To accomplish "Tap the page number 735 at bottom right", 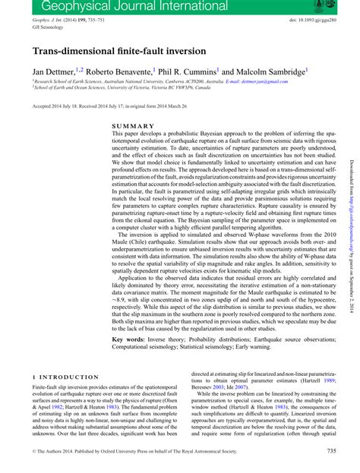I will pyautogui.click(x=331, y=451).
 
